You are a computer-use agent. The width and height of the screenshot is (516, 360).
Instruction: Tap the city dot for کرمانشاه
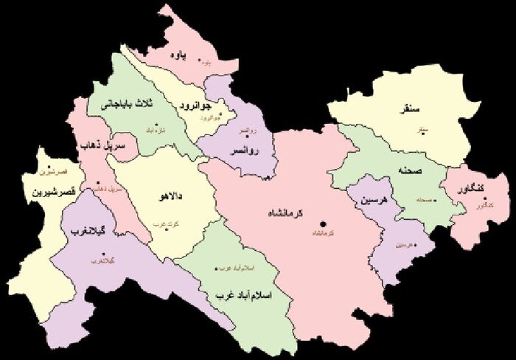click(321, 224)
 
